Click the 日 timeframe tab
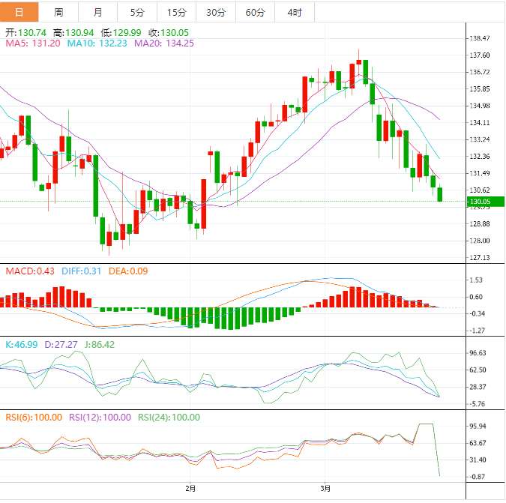coord(19,12)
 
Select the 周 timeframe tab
coord(58,12)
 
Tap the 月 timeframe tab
coord(98,12)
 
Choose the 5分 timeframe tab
coord(137,12)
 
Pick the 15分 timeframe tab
coord(176,12)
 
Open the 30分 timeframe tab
coord(215,12)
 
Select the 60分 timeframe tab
coord(255,12)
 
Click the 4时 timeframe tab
coord(294,12)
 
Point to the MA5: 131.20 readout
coord(33,43)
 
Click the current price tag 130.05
coord(480,202)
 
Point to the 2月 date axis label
coord(191,489)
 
